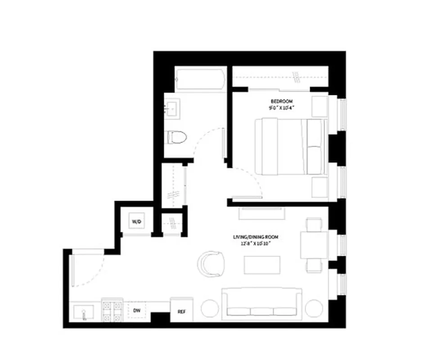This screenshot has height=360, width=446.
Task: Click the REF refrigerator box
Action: [181, 311]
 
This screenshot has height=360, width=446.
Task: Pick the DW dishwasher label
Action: [137, 310]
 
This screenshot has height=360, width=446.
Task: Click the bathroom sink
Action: [172, 108]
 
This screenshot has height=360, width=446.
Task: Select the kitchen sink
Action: [84, 311]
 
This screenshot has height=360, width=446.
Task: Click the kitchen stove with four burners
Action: [112, 310]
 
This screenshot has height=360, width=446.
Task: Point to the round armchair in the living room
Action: [211, 264]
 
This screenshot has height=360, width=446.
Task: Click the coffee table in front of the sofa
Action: [258, 265]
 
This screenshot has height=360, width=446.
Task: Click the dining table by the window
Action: [314, 245]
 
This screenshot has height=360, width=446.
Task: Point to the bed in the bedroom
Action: [290, 146]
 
